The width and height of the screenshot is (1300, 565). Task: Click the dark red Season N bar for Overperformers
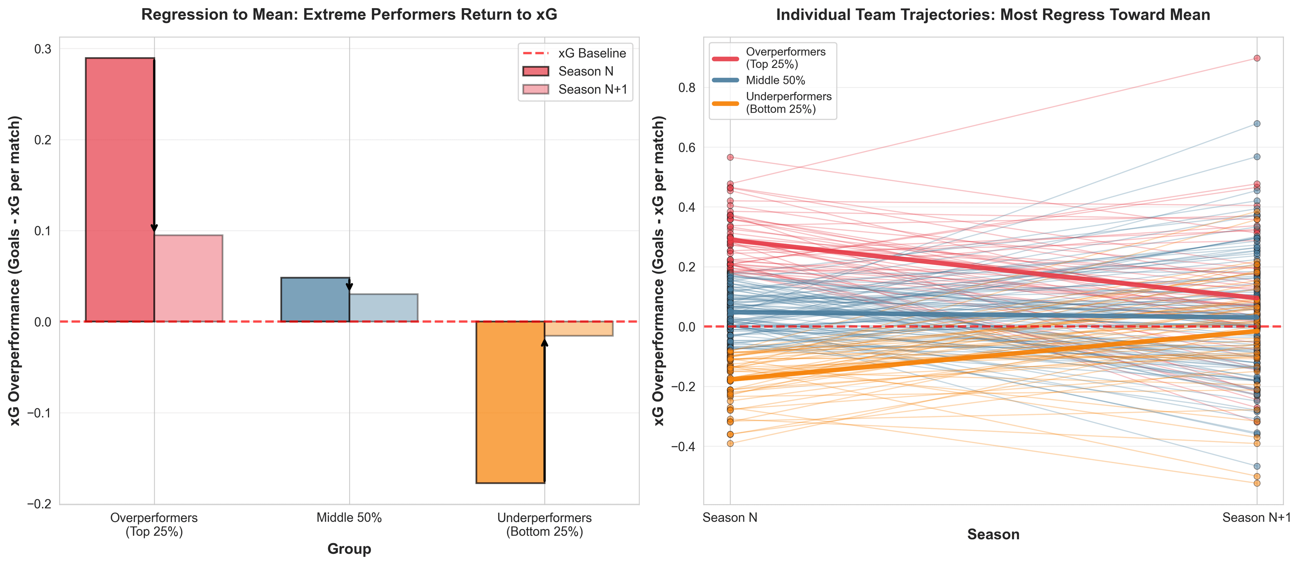(120, 190)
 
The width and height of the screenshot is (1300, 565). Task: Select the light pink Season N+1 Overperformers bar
(188, 278)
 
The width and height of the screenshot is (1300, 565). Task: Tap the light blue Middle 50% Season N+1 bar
(384, 308)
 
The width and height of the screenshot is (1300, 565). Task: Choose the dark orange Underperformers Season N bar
(510, 402)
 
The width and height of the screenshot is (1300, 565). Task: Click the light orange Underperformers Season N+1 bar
(579, 329)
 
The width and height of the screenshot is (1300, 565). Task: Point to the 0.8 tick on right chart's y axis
(686, 88)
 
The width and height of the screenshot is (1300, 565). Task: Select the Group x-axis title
(349, 549)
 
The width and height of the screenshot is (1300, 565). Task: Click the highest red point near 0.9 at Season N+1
(1257, 58)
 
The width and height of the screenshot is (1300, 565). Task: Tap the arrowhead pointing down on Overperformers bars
(154, 228)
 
